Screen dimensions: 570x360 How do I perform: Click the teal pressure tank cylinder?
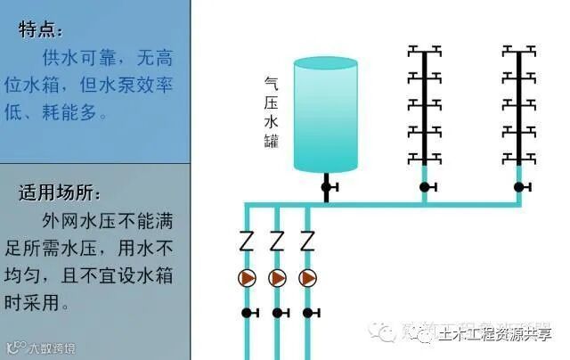pyautogui.click(x=325, y=114)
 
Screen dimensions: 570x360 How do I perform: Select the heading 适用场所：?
pyautogui.click(x=61, y=192)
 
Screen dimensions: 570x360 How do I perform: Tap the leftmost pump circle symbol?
pyautogui.click(x=248, y=278)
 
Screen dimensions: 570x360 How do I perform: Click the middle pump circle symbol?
pyautogui.click(x=277, y=278)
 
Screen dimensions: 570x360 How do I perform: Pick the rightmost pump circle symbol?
pyautogui.click(x=307, y=278)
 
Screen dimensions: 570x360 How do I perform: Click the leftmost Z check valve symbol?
pyautogui.click(x=248, y=241)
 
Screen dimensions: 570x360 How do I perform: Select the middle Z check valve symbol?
pyautogui.click(x=277, y=241)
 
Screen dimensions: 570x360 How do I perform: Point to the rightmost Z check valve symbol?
pyautogui.click(x=307, y=241)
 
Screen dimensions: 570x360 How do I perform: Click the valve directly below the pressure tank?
pyautogui.click(x=327, y=186)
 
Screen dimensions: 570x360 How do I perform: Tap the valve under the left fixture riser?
pyautogui.click(x=426, y=187)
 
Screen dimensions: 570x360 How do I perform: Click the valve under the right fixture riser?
pyautogui.click(x=520, y=187)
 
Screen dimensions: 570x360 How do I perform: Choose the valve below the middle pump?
pyautogui.click(x=278, y=313)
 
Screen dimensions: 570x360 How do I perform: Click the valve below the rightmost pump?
pyautogui.click(x=308, y=313)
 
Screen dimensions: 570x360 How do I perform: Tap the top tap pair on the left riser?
pyautogui.click(x=425, y=50)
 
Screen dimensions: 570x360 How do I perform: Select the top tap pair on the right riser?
pyautogui.click(x=519, y=50)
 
